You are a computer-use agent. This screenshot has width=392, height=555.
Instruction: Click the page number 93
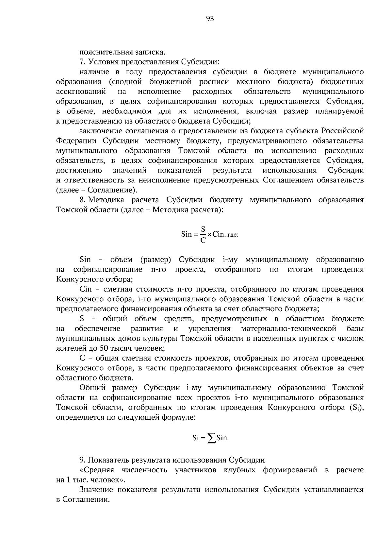210,19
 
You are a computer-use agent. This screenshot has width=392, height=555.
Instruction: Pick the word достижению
79,171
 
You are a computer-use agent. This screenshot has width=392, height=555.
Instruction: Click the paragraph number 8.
82,200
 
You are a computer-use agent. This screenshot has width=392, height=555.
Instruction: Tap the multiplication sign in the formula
209,234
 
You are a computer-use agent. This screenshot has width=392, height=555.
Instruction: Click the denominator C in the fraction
203,241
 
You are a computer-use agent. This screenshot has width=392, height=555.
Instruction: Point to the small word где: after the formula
233,235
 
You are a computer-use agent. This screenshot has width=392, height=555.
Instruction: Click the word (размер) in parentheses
156,260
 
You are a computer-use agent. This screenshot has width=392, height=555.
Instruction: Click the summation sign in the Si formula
212,438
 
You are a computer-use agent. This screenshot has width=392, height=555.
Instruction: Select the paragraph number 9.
82,460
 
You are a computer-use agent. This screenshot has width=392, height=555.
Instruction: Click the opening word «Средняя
97,470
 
